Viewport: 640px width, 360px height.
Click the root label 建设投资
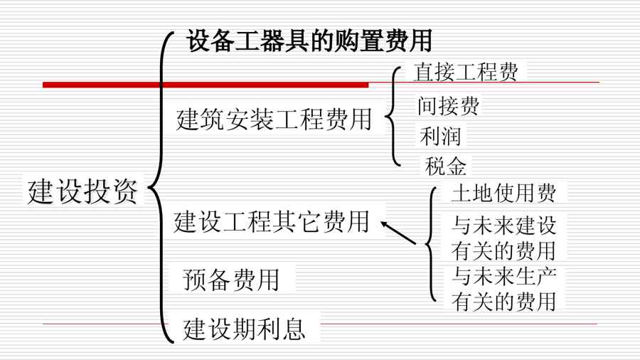[x=82, y=191]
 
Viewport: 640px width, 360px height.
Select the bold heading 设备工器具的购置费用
[x=309, y=41]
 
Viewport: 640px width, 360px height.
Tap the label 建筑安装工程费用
[x=274, y=120]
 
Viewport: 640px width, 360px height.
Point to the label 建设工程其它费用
[x=272, y=222]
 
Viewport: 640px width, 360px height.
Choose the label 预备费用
[x=231, y=280]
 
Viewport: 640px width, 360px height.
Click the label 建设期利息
[x=244, y=329]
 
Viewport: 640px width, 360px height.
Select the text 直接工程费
[x=466, y=73]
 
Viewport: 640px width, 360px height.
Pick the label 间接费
[x=448, y=106]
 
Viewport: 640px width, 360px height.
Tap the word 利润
[x=440, y=137]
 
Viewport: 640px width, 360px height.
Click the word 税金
[x=445, y=166]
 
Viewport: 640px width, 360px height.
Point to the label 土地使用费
[x=503, y=193]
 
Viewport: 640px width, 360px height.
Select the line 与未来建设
[x=503, y=226]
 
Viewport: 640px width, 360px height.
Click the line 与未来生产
[x=503, y=276]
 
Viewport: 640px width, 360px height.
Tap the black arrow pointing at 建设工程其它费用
[x=398, y=233]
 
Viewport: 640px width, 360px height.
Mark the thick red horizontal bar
[x=206, y=85]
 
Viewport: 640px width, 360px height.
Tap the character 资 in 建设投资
[x=125, y=191]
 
